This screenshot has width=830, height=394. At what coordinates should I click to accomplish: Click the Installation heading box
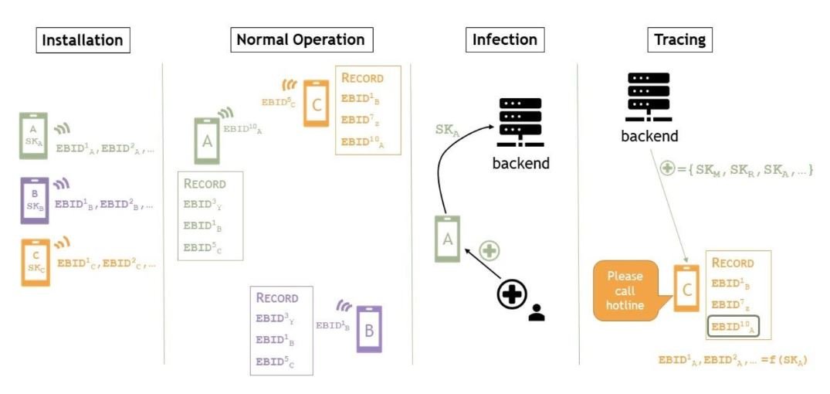tap(83, 40)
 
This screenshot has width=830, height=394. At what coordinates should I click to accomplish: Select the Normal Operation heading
tap(301, 40)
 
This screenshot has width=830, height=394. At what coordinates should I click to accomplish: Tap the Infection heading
tap(505, 40)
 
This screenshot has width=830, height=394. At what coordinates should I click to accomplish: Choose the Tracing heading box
tap(679, 40)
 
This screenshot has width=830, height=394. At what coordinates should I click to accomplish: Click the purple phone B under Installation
tap(35, 200)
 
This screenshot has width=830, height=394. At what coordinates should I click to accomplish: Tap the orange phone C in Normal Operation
tap(317, 103)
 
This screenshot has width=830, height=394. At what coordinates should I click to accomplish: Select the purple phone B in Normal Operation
tap(369, 330)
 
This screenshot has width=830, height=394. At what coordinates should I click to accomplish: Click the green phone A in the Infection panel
tap(447, 239)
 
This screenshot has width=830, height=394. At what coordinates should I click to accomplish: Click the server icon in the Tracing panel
tap(649, 97)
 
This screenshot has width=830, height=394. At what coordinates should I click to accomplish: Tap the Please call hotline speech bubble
tap(625, 290)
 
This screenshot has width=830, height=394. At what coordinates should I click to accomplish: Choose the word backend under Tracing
tap(649, 137)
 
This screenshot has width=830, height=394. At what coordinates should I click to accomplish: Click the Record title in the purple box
tap(276, 297)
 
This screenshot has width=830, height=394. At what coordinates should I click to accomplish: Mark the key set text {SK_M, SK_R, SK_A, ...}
tap(743, 168)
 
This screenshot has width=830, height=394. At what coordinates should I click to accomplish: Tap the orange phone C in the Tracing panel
tap(686, 288)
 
